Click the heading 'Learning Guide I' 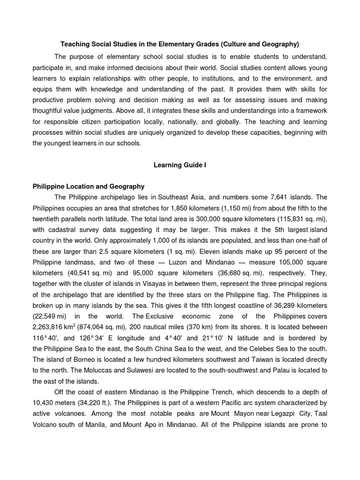180,165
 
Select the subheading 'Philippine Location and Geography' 89,186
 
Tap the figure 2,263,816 51,327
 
